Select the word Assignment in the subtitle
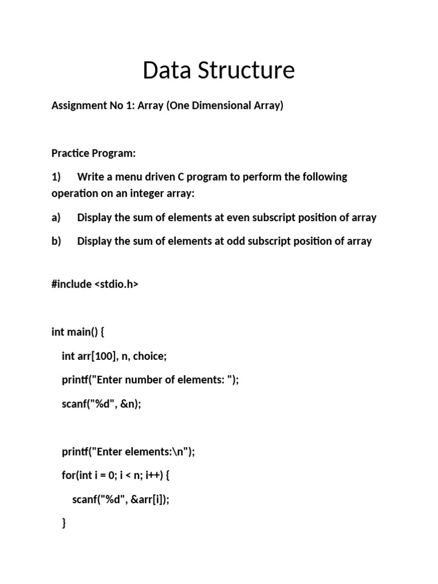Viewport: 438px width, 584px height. [77, 106]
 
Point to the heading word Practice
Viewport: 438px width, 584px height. [70, 153]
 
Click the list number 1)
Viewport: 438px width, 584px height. [56, 177]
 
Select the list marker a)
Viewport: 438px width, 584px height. [56, 217]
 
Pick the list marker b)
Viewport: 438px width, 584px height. [56, 241]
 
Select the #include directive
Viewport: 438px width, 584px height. [71, 284]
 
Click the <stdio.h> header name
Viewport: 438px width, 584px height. [116, 284]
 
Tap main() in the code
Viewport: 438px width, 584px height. [82, 332]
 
